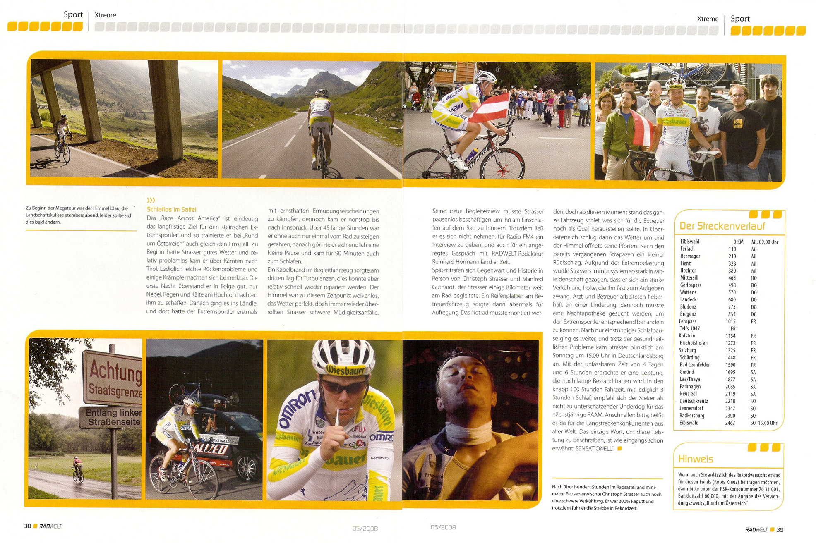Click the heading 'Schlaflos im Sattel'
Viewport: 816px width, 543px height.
pos(171,210)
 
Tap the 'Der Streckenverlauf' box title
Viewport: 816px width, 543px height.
pos(722,226)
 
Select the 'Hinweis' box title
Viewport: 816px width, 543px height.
pos(695,459)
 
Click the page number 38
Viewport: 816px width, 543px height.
pos(27,526)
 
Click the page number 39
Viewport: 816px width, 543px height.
pos(780,529)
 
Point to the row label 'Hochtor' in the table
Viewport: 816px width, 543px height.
pos(688,270)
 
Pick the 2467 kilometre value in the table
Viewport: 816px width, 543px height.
pos(730,423)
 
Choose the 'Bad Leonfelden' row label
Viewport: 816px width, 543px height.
pos(695,365)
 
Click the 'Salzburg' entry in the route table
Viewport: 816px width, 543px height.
pos(687,350)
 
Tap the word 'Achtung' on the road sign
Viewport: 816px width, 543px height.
pos(115,372)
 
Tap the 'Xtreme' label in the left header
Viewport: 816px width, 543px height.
pos(105,15)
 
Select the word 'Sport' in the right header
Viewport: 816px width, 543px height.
pos(740,19)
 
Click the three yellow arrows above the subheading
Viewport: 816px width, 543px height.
pos(151,201)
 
